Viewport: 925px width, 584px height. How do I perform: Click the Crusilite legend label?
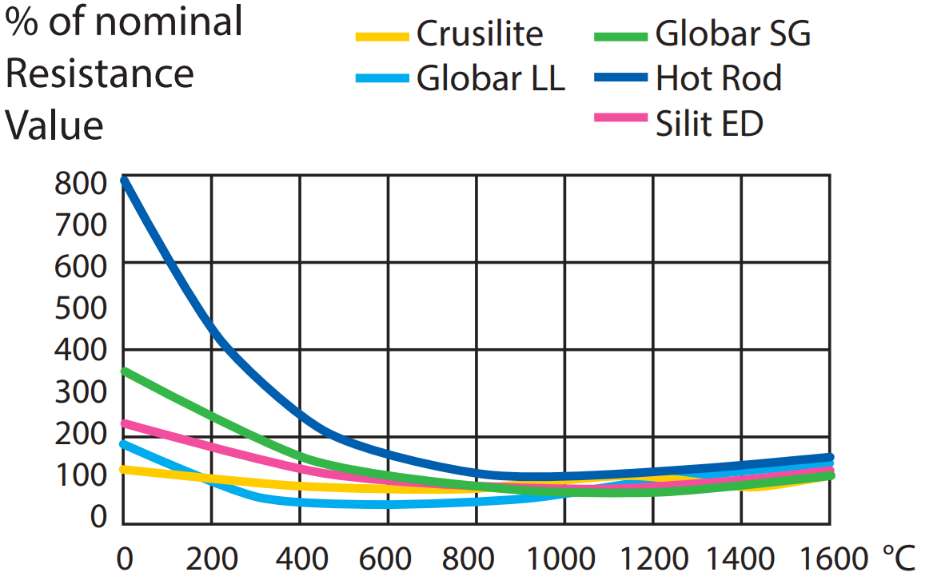coord(480,34)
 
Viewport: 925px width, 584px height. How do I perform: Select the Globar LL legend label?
coord(490,79)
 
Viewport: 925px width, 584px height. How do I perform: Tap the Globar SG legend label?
coord(733,34)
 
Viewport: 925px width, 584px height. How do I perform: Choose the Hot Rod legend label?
coord(719,79)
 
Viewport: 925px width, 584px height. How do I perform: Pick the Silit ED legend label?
coord(709,124)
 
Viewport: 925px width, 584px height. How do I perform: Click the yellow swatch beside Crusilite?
coord(381,36)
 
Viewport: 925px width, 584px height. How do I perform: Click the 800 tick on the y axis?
coord(80,184)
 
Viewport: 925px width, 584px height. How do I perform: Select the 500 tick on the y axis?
coord(80,308)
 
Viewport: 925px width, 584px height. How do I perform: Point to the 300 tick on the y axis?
coord(80,391)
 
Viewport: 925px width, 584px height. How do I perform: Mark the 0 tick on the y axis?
coord(98,517)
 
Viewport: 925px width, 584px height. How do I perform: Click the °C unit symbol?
coord(899,558)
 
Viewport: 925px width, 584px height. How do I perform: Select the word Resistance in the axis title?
coord(100,74)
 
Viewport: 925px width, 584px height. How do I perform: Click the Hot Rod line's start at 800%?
coord(124,181)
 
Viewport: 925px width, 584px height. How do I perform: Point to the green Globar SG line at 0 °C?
coord(124,371)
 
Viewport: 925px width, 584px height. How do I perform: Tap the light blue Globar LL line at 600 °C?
coord(389,504)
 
